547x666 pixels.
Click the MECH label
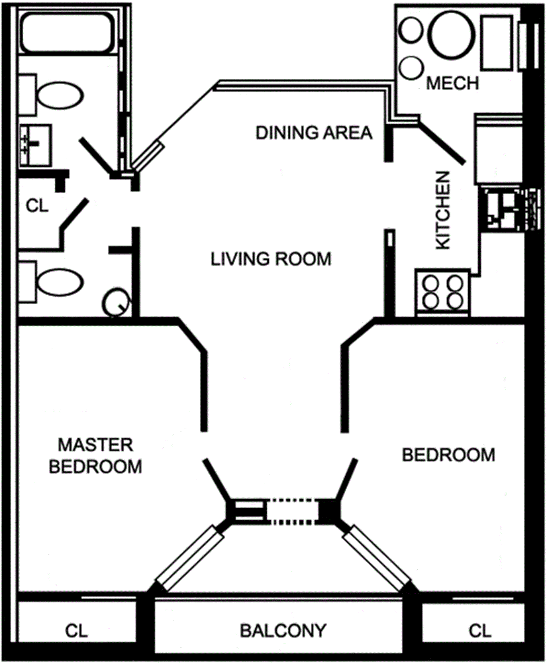(x=452, y=83)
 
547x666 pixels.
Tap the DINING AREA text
(x=314, y=133)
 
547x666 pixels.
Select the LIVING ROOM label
(x=271, y=259)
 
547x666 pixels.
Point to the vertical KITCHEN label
(x=443, y=211)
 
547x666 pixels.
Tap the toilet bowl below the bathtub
(x=60, y=95)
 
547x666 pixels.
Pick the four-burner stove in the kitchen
(x=443, y=293)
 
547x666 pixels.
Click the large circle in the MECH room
(x=452, y=35)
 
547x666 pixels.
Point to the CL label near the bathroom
(x=37, y=206)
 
